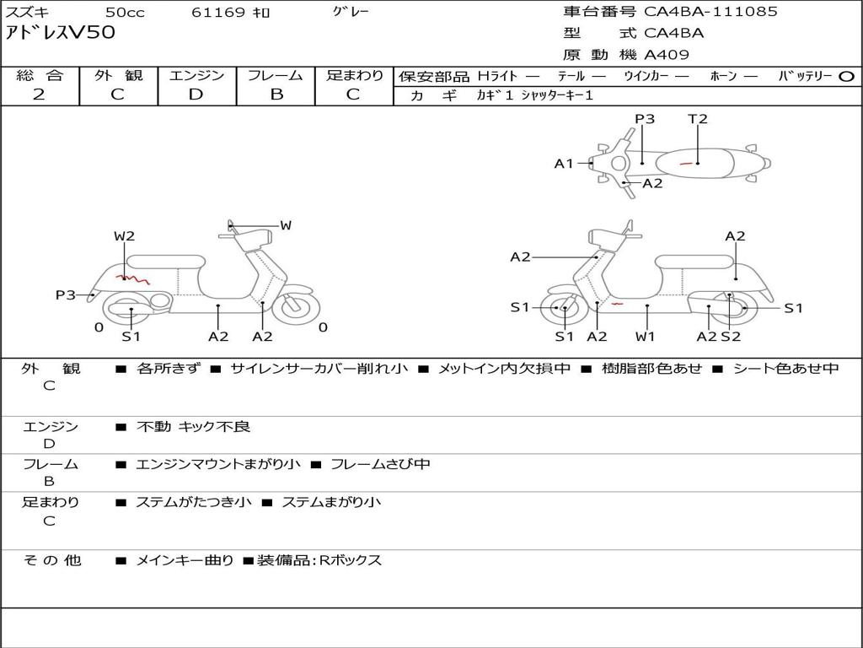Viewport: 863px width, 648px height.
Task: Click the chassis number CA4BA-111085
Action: click(710, 12)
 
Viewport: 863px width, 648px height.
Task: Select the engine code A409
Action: click(667, 55)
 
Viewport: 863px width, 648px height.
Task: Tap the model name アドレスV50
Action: click(61, 33)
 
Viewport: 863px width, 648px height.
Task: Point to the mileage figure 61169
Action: click(218, 13)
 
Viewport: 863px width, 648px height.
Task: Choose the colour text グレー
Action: click(351, 12)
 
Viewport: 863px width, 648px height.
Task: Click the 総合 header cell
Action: click(40, 76)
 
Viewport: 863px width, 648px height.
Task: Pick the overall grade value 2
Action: click(39, 94)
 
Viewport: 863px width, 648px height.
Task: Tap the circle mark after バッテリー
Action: click(846, 77)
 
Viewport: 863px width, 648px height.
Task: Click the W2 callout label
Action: click(124, 236)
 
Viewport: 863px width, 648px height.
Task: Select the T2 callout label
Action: click(698, 119)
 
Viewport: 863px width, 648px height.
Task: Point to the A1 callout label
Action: click(564, 164)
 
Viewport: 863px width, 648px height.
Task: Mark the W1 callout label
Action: click(646, 337)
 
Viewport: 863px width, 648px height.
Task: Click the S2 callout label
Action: click(731, 337)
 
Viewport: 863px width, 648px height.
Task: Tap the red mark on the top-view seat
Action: click(686, 163)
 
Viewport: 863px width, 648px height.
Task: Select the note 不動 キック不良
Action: click(193, 427)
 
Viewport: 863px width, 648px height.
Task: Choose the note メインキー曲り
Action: click(185, 560)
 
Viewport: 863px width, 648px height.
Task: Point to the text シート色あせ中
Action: click(785, 369)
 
